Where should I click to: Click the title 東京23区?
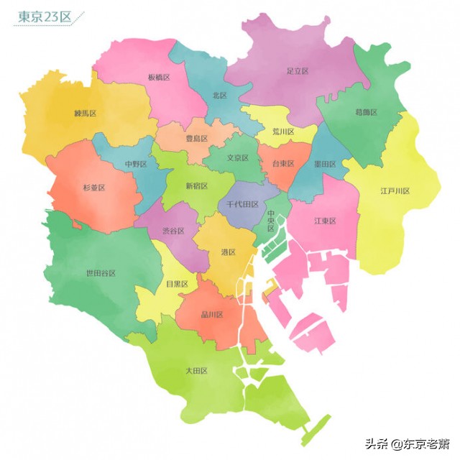tap(45, 17)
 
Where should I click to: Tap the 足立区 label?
tap(297, 71)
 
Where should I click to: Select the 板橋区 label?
tap(159, 77)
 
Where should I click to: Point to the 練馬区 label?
tap(86, 114)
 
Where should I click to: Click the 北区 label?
tap(219, 95)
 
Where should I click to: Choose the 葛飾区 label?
tap(367, 113)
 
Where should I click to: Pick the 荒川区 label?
tap(283, 132)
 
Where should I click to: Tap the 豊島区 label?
tap(196, 139)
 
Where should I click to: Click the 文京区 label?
tap(238, 158)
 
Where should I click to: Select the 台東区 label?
tap(282, 164)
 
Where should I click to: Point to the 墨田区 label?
tap(325, 164)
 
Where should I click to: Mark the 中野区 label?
tap(135, 164)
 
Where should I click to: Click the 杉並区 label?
tap(94, 188)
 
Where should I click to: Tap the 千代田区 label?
tap(242, 205)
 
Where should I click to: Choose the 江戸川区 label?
tap(395, 191)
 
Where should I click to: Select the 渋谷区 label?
tap(173, 231)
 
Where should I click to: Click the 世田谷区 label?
tap(101, 273)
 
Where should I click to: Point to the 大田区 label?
tap(195, 371)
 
